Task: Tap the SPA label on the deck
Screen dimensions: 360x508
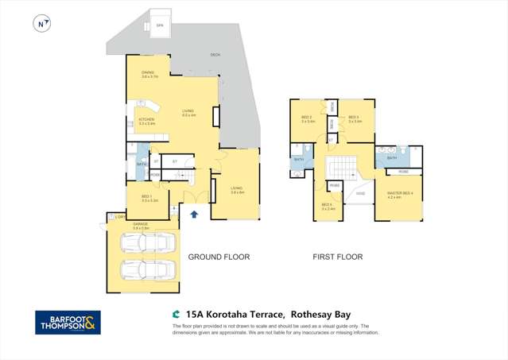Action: (x=159, y=25)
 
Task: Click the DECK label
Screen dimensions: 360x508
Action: (x=215, y=55)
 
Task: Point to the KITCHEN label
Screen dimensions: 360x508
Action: (x=146, y=121)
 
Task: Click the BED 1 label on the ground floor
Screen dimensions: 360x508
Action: (x=146, y=198)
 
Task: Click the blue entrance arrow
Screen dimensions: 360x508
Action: (x=193, y=214)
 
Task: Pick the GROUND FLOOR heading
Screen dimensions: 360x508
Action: (x=219, y=257)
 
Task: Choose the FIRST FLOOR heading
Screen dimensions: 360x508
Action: (x=337, y=257)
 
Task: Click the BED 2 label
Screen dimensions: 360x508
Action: (x=308, y=119)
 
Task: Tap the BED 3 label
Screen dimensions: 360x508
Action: (x=354, y=119)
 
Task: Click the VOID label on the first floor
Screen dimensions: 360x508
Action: (x=360, y=193)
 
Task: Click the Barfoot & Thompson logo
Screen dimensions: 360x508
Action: (x=68, y=322)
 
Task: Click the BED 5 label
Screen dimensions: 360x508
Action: (x=327, y=206)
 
